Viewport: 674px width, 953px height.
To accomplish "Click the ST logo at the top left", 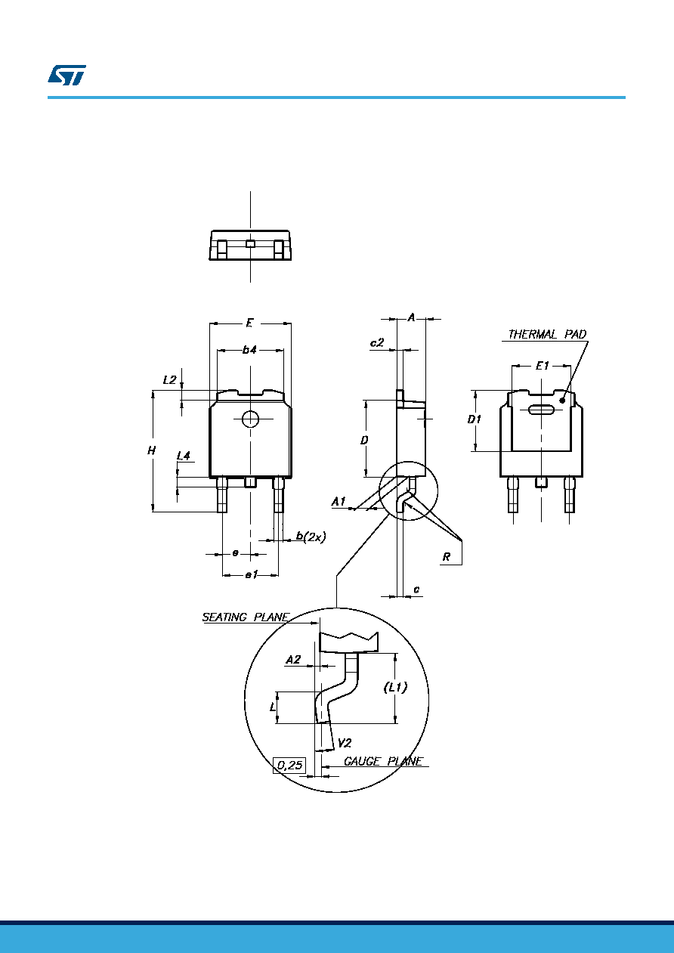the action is coord(66,75).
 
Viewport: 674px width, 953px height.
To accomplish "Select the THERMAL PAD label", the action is coord(547,334).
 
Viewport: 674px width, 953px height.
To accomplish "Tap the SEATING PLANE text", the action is coord(246,617).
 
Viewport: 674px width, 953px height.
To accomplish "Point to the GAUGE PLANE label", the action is coord(384,761).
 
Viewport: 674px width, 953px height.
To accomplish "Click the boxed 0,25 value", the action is coord(289,766).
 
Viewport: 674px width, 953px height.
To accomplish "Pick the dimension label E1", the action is coord(543,366).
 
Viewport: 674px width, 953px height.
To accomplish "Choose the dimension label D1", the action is coord(474,419).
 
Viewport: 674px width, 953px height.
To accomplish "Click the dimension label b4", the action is coord(249,350).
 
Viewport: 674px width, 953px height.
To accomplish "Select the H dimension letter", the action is coord(152,450).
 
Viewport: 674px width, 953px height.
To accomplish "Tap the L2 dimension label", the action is coord(170,379).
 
